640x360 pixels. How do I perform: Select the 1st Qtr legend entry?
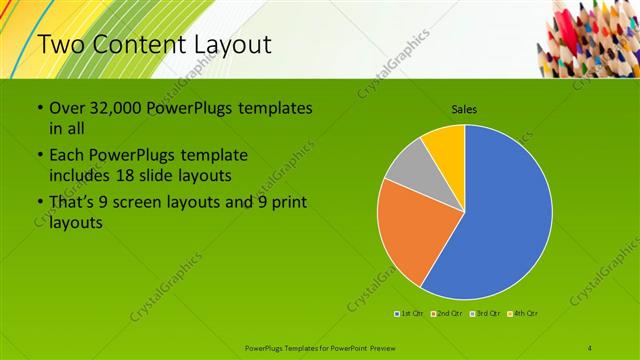[411, 314]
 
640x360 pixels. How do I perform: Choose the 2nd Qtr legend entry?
[448, 314]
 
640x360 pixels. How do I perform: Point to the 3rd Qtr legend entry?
[486, 314]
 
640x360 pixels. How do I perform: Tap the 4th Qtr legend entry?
[524, 314]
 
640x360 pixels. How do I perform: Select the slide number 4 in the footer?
[590, 347]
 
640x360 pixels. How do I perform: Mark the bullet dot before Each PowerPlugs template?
[39, 156]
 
